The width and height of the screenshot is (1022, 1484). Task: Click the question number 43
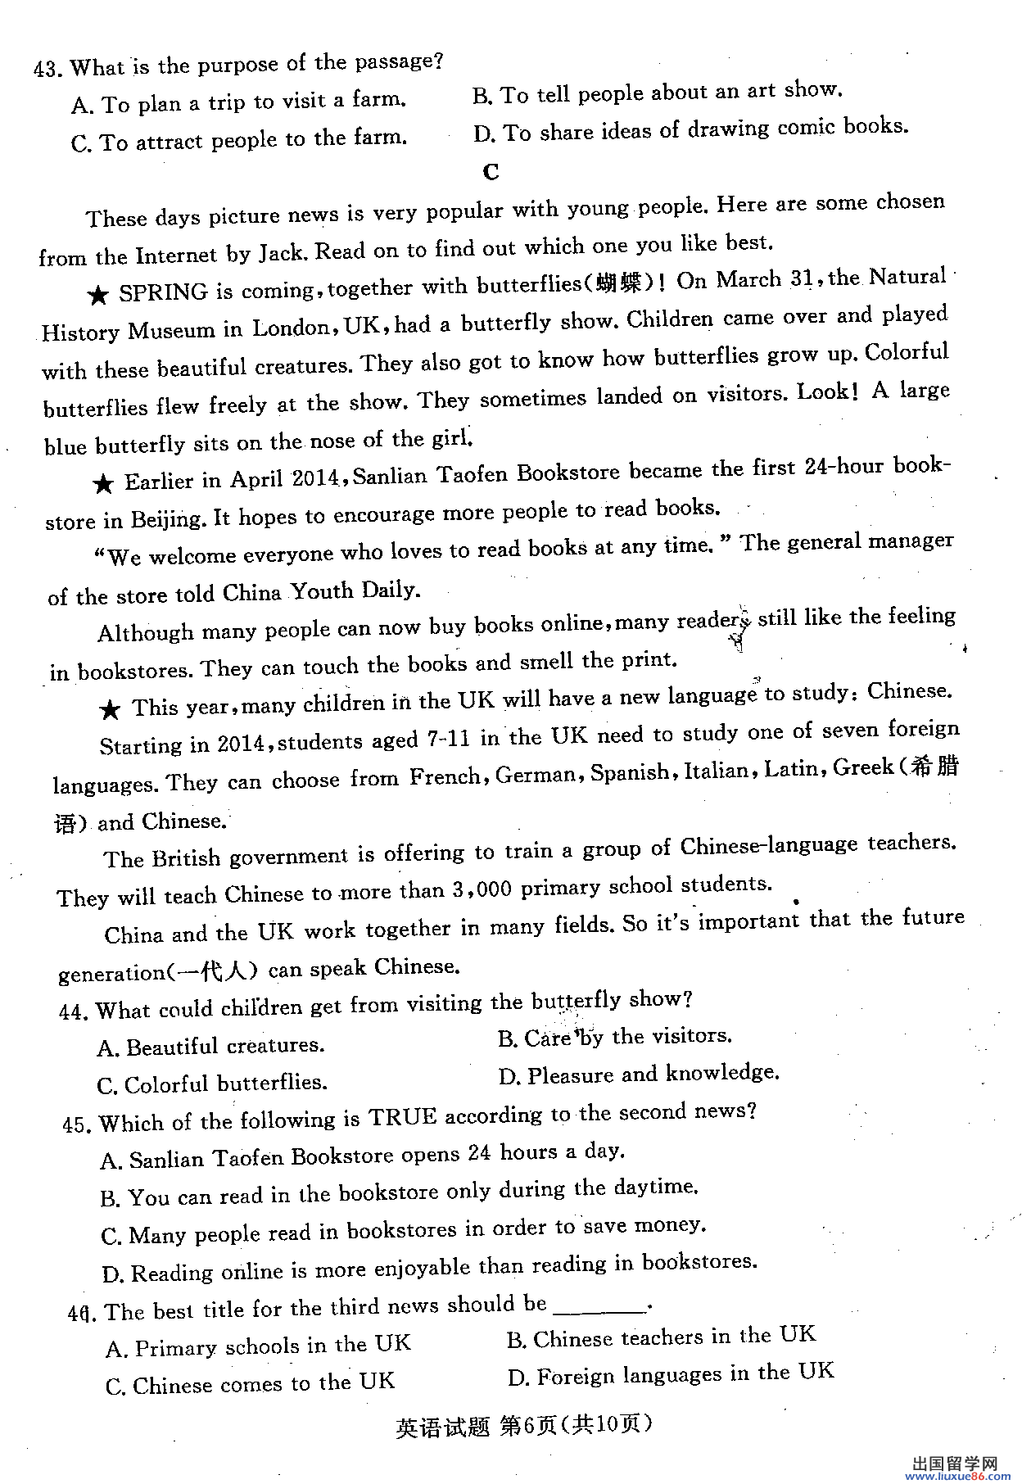pos(47,69)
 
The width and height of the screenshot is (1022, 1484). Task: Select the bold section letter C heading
pos(491,172)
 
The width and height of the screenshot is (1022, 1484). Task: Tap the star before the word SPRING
pos(99,296)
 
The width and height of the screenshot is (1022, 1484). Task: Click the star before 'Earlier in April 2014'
pos(103,484)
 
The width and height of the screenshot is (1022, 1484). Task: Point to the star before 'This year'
pos(110,709)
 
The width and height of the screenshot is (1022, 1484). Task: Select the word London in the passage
pos(291,328)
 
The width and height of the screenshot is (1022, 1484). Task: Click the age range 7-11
pos(448,740)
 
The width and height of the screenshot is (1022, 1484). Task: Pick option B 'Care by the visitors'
pos(615,1038)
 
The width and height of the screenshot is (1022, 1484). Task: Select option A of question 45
pos(363,1156)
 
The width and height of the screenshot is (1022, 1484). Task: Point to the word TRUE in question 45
pos(402,1117)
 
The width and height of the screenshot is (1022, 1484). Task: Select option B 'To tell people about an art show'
pos(658,93)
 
